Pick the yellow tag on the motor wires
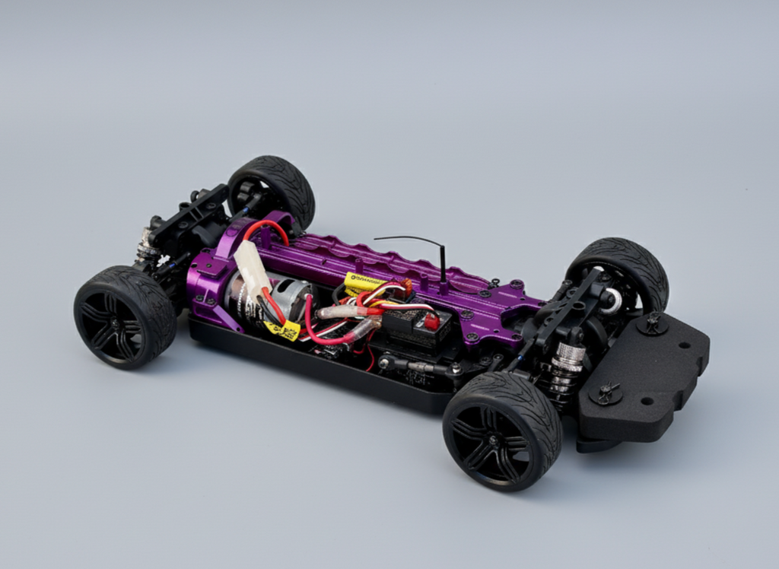[x=283, y=329]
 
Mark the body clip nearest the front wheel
[x=606, y=393]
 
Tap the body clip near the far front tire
[x=653, y=323]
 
